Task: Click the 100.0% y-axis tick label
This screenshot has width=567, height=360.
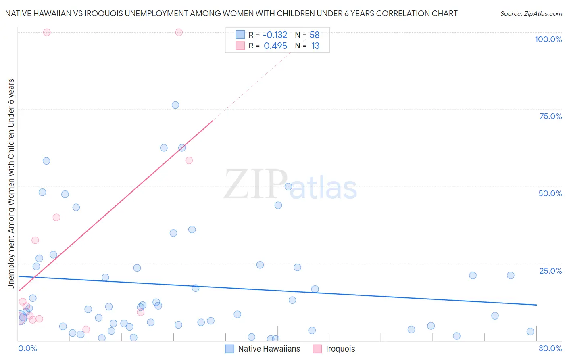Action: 548,39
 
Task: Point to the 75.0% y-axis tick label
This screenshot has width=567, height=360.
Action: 550,116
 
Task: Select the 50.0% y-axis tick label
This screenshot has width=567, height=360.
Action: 550,193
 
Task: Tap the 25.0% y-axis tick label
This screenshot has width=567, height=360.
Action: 550,271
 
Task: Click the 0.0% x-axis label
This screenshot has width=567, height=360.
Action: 27,348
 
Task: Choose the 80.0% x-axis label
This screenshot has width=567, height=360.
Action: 550,348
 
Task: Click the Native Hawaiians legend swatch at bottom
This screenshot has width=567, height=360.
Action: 229,349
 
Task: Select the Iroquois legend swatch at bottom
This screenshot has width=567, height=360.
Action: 317,349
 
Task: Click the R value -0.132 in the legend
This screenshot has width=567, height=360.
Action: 275,35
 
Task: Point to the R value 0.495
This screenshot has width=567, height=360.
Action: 275,46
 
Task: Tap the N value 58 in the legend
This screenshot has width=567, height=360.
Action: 315,35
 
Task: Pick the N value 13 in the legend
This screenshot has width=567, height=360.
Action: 315,46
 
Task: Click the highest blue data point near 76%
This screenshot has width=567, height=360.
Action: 175,105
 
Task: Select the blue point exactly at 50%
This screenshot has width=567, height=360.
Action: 288,186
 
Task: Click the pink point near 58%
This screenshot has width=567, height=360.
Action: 189,160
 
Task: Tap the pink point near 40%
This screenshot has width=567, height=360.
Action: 56,218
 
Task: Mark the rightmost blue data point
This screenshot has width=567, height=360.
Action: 530,331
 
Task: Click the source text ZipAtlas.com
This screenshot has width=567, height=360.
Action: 531,14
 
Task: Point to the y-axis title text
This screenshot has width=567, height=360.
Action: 11,184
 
